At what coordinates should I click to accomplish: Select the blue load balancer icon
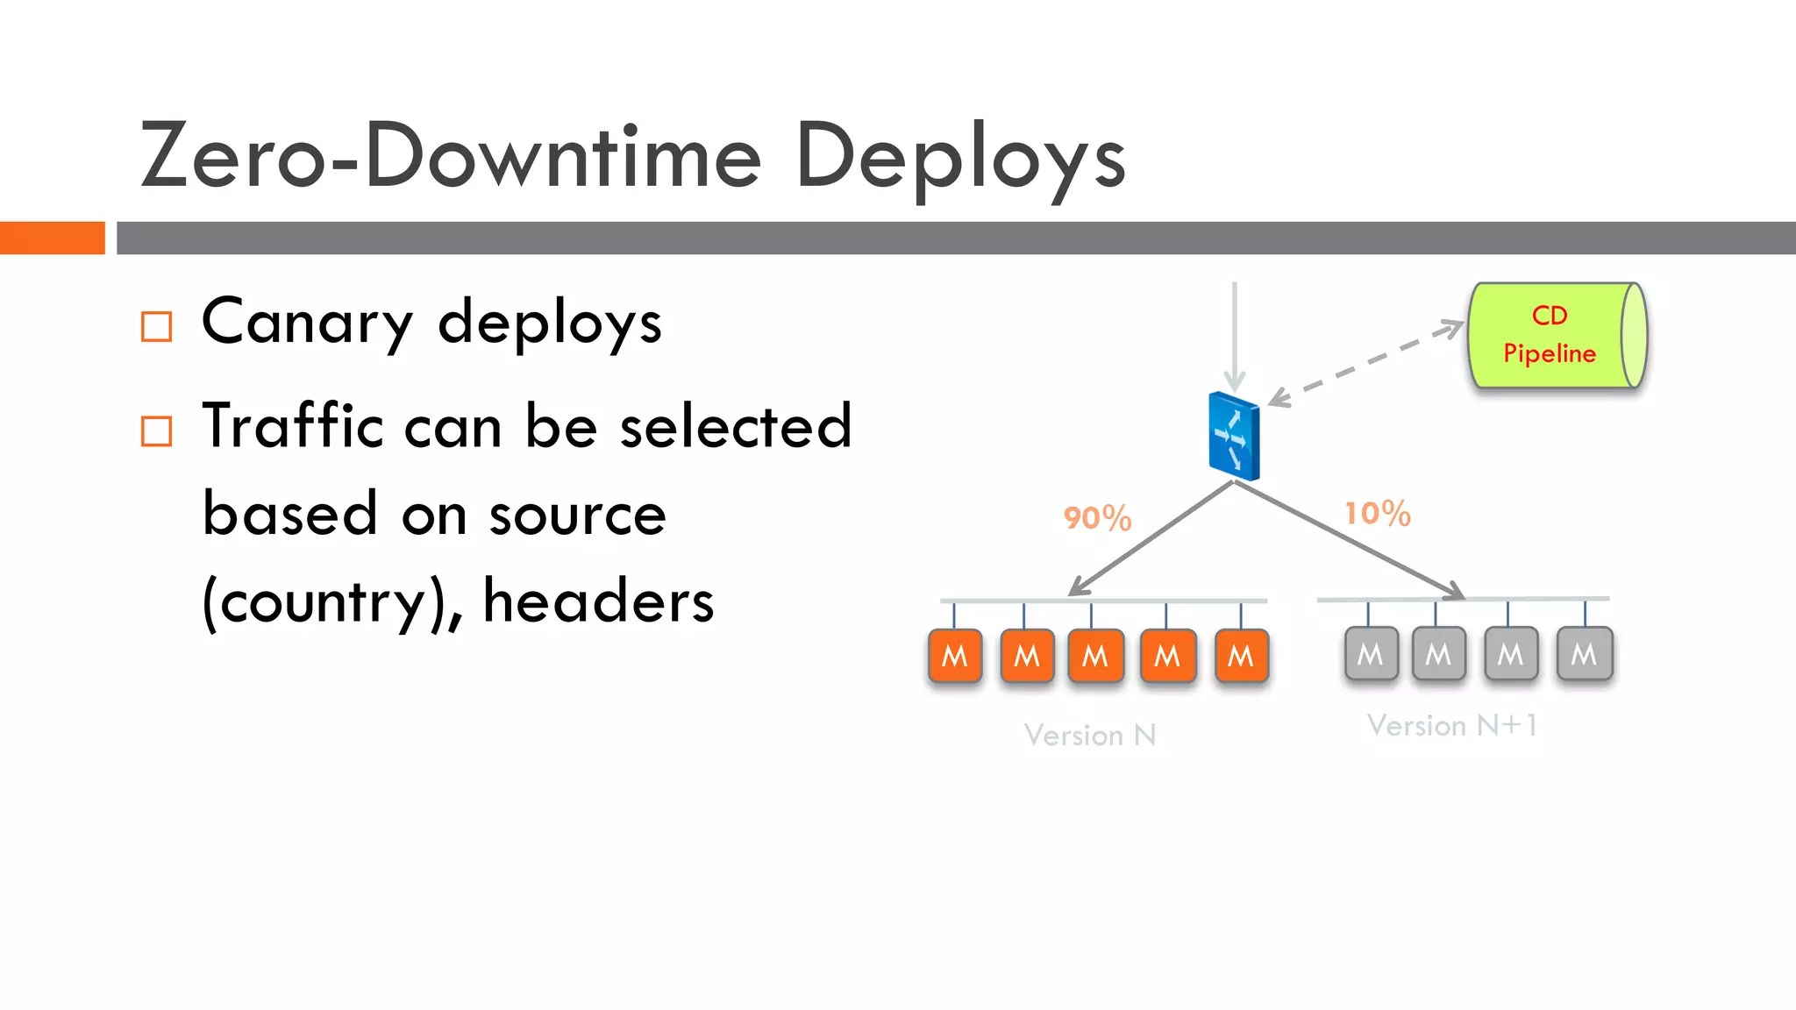pyautogui.click(x=1234, y=436)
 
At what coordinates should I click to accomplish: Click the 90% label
pyautogui.click(x=1097, y=518)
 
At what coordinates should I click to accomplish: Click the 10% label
pyautogui.click(x=1378, y=514)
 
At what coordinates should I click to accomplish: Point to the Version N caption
pyautogui.click(x=1090, y=735)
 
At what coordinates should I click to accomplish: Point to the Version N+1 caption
pyautogui.click(x=1452, y=725)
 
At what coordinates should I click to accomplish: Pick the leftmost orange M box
pyautogui.click(x=954, y=656)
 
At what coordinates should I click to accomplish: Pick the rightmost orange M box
pyautogui.click(x=1241, y=656)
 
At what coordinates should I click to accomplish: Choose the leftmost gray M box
pyautogui.click(x=1371, y=654)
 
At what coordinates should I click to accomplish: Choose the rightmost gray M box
pyautogui.click(x=1584, y=654)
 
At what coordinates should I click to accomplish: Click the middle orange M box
pyautogui.click(x=1095, y=656)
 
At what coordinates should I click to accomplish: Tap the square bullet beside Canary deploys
pyautogui.click(x=157, y=327)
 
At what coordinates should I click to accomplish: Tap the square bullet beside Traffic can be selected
pyautogui.click(x=157, y=431)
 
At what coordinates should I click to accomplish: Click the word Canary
pyautogui.click(x=307, y=323)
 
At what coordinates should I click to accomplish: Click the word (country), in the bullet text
pyautogui.click(x=331, y=603)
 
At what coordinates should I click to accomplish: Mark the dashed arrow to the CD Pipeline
pyautogui.click(x=1366, y=364)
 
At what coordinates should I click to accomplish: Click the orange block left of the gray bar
pyautogui.click(x=52, y=238)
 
